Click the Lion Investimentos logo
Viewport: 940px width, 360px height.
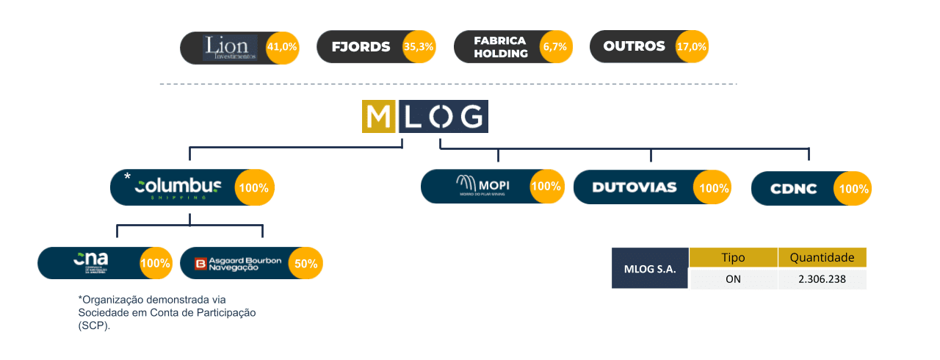[x=231, y=48]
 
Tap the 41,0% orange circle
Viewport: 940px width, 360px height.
[x=282, y=46]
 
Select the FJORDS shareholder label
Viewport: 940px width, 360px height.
[x=361, y=47]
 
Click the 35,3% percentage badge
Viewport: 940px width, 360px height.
[x=419, y=46]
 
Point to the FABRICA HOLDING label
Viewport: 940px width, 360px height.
[x=501, y=47]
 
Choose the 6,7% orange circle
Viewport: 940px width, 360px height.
[x=555, y=46]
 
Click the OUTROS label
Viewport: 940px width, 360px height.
[x=634, y=46]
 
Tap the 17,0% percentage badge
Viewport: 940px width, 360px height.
[x=692, y=46]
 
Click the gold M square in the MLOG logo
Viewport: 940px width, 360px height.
[x=379, y=117]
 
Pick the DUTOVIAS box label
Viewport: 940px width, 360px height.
[x=634, y=187]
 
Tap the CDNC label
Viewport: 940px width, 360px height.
[x=793, y=189]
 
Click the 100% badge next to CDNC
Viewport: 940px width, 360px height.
[x=853, y=189]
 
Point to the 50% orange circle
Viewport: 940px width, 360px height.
[x=305, y=263]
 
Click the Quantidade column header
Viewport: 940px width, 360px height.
[x=822, y=258]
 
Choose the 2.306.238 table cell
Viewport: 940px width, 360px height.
[x=822, y=279]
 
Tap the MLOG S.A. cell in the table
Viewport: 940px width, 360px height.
[x=649, y=268]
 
